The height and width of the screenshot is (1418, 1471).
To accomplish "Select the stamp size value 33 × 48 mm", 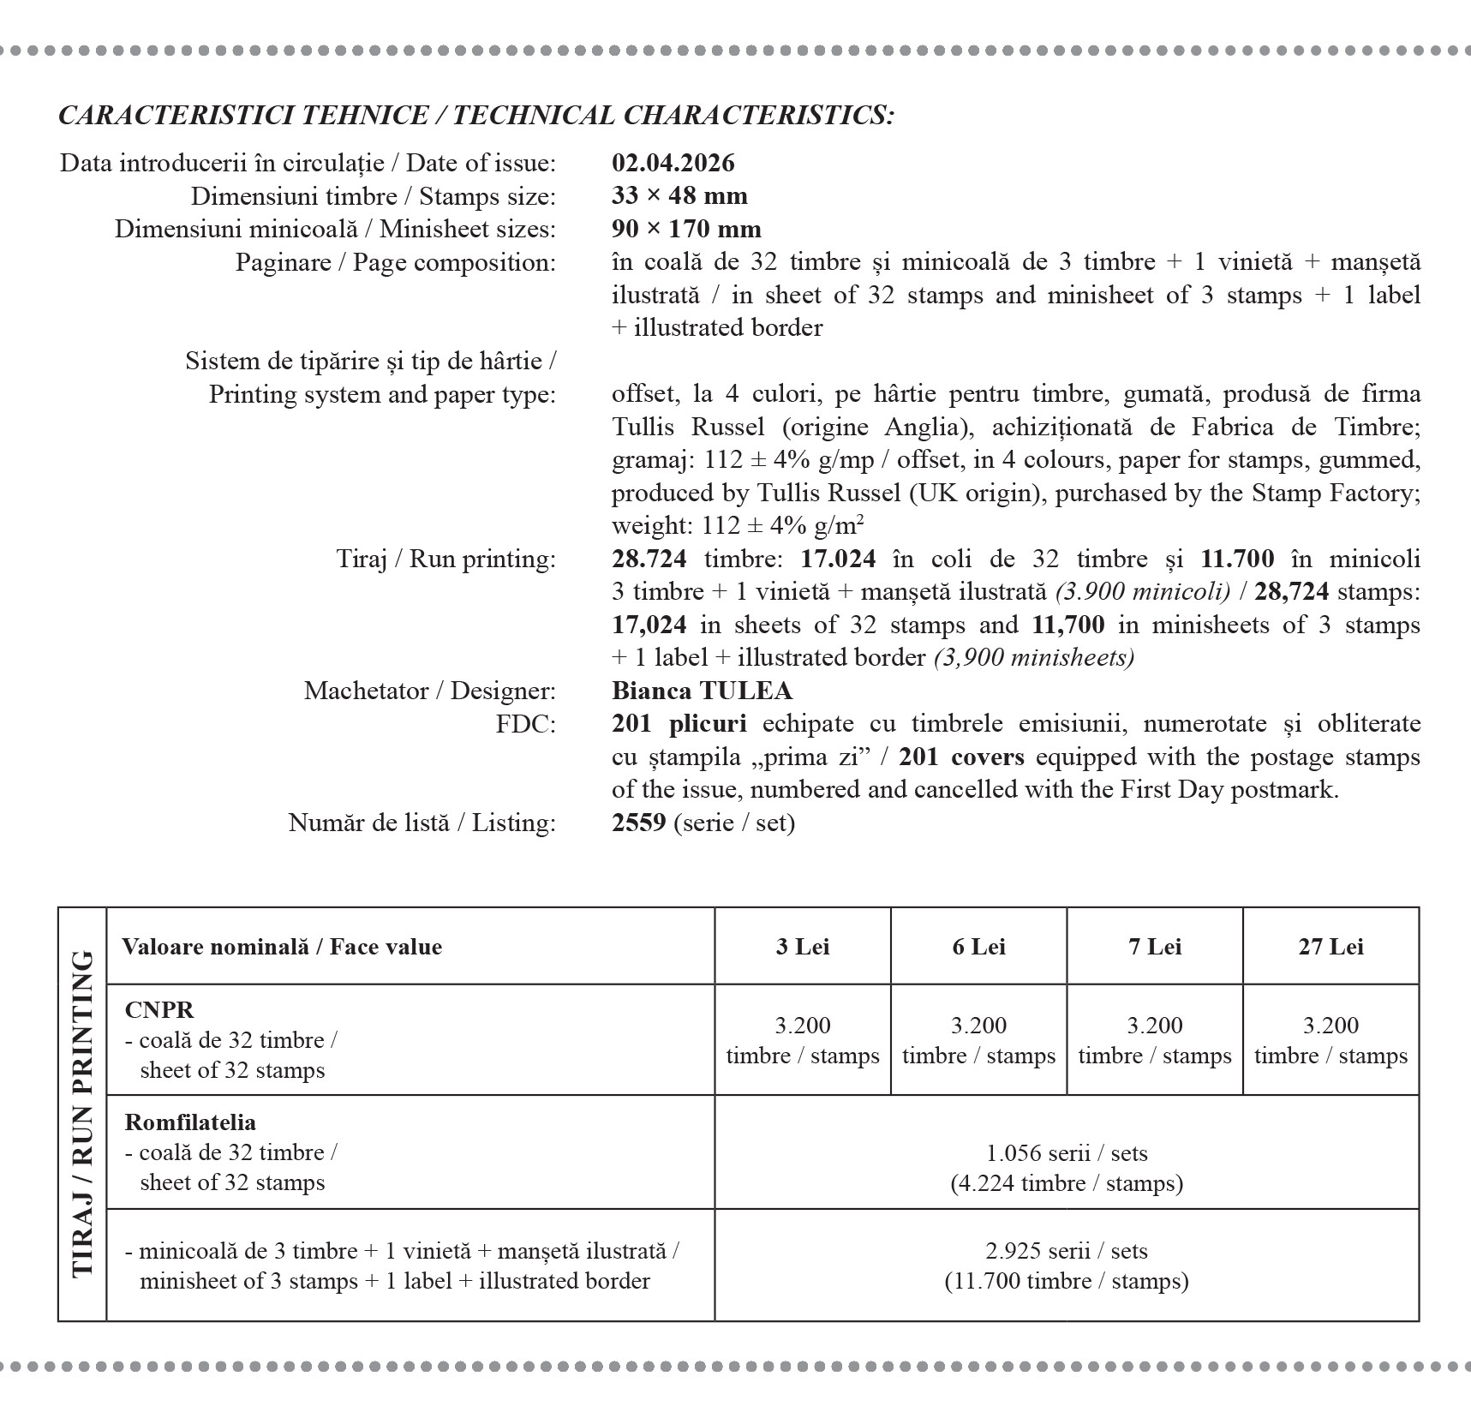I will point(679,196).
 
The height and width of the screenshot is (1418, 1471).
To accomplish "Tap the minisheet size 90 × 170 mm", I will point(686,229).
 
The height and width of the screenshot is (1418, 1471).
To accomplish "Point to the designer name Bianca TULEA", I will point(702,691).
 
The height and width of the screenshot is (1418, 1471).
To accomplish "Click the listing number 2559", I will point(638,823).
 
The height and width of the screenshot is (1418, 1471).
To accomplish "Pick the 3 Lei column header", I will point(802,947).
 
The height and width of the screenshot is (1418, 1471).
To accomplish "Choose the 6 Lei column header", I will point(978,947).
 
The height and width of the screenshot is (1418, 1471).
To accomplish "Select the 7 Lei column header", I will point(1154,947).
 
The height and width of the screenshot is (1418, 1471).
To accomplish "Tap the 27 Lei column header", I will point(1330,947).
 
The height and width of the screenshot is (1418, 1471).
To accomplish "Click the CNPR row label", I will point(159,1009).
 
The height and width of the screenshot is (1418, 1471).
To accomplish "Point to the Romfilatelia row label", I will point(190,1122).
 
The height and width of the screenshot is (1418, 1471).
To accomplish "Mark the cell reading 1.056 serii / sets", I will point(1067,1153).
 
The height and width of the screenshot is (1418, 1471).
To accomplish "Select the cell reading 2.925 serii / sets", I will point(1067,1251).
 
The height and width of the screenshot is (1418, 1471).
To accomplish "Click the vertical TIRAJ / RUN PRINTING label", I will point(82,1114).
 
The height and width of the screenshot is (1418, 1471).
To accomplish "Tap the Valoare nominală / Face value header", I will point(282,947).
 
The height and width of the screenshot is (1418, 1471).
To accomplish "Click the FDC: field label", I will point(525,724).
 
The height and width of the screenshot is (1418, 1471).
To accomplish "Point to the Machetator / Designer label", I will point(429,691).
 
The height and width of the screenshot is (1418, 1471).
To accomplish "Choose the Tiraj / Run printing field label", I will point(445,559).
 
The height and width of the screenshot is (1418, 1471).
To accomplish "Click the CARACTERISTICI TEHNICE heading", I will point(475,115).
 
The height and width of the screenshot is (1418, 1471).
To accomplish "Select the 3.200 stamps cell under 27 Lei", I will point(1330,1040).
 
